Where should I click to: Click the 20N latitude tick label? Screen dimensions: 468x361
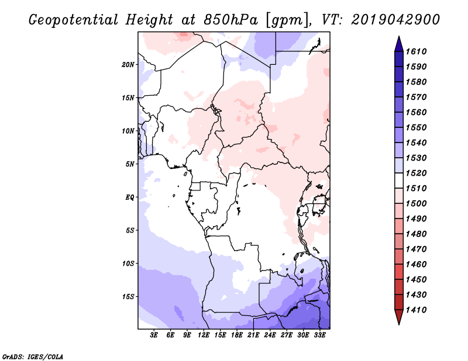pos(128,65)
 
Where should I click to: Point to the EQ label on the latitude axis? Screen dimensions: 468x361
pos(130,197)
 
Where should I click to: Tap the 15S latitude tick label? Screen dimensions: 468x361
pos(128,297)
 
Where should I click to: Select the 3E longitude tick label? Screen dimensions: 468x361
pos(154,335)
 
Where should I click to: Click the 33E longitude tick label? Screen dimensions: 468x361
pos(319,335)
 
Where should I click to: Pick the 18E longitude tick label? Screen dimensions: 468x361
pos(237,335)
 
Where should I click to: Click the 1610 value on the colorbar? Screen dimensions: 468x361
pos(416,51)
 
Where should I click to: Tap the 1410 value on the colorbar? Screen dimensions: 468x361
pos(416,310)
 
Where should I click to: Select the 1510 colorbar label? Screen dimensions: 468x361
pos(416,189)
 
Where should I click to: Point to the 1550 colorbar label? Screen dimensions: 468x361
pos(416,127)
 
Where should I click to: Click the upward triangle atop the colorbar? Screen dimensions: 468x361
pos(399,44)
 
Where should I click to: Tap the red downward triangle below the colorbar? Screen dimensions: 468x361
pos(399,317)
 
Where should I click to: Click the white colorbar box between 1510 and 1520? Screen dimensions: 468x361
pos(399,180)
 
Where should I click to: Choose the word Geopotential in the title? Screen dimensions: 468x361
pos(74,20)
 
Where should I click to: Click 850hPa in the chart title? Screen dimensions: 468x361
pos(230,20)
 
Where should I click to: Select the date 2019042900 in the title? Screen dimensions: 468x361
pos(395,20)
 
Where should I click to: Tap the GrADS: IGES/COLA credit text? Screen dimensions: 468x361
pos(33,357)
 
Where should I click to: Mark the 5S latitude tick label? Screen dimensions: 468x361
pos(130,230)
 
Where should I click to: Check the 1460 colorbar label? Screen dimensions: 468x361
pos(416,265)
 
